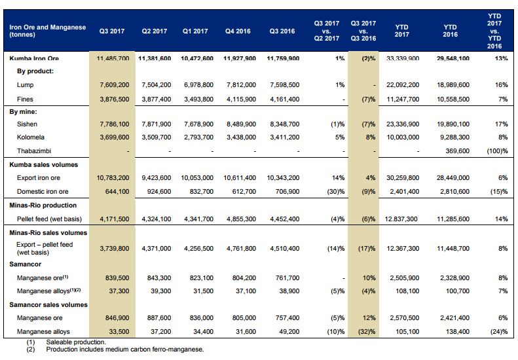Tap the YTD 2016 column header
coord(451,31)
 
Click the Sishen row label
coord(28,124)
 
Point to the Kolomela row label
coord(31,137)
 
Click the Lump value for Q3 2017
coord(113,85)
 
